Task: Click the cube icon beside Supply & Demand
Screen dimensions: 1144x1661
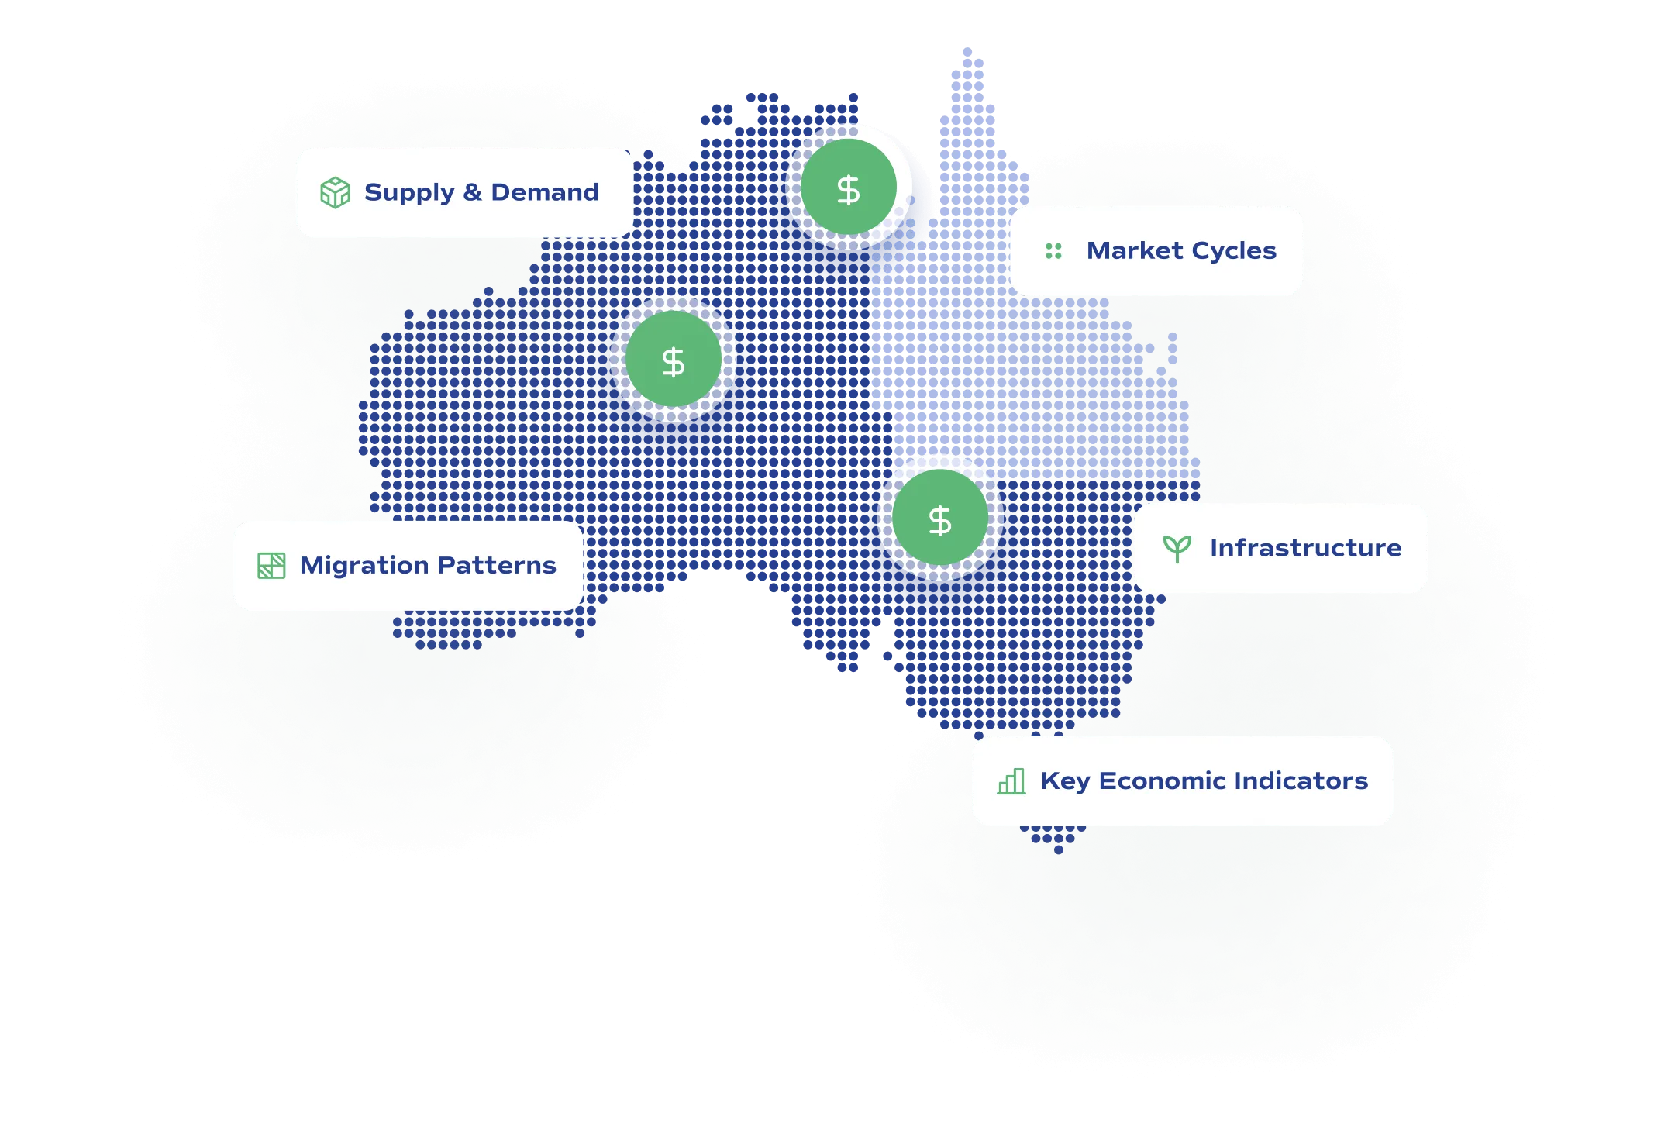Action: pos(335,192)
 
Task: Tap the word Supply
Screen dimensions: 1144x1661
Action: pos(409,192)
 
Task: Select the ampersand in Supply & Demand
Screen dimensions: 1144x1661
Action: pos(472,191)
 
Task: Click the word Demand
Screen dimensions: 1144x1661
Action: pos(545,191)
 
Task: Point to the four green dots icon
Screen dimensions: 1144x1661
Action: pos(1053,250)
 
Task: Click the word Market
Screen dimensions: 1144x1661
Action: pos(1135,250)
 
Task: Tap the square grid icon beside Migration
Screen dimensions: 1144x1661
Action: pos(271,565)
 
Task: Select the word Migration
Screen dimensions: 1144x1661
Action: pos(364,565)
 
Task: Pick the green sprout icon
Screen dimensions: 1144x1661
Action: pos(1177,548)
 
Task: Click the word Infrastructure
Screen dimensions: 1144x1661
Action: pos(1305,548)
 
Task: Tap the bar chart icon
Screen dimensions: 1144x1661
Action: pos(1011,781)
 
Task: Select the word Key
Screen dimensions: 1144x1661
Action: pos(1064,781)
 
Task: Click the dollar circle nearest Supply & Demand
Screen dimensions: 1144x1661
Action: pos(849,188)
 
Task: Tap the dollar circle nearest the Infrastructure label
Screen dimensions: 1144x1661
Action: pos(940,518)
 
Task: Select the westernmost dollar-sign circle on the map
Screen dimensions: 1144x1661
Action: pos(673,360)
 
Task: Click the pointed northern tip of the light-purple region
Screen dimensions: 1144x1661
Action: pos(967,50)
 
